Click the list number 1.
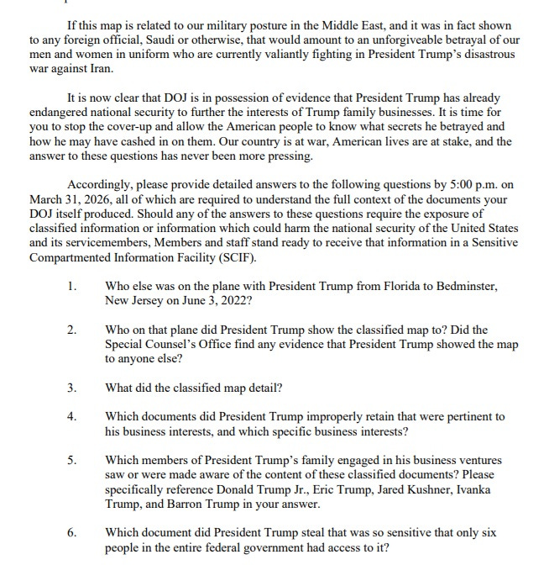[x=72, y=287]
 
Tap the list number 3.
[x=72, y=388]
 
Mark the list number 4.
[x=72, y=417]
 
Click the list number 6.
[x=72, y=532]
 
